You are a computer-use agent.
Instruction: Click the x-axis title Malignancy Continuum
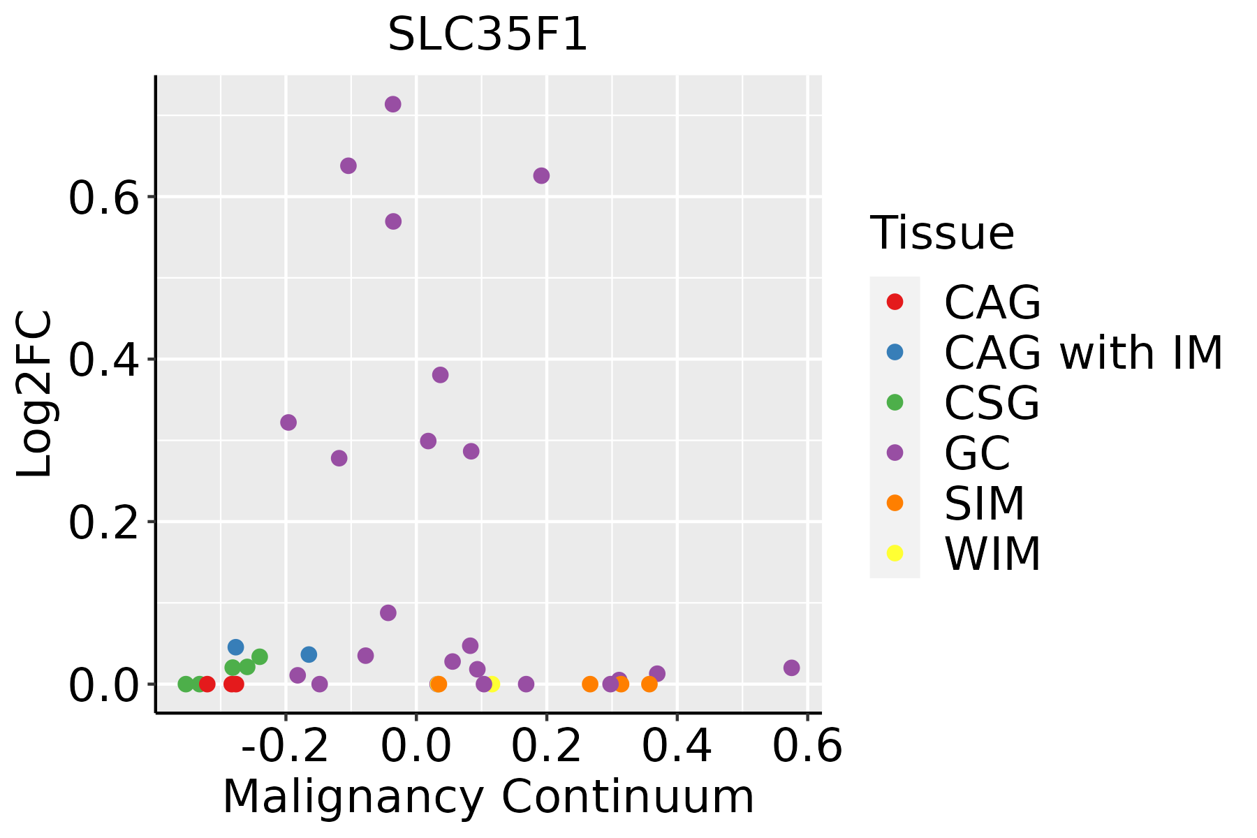click(487, 797)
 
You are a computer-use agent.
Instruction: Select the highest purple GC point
click(393, 104)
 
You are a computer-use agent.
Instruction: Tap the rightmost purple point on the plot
click(791, 668)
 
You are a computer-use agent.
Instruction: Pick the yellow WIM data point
click(492, 684)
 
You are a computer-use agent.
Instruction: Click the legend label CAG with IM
click(1083, 353)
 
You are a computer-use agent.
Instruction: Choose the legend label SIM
click(984, 503)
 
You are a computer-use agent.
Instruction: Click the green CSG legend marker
click(895, 402)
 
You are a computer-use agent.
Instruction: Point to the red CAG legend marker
click(895, 302)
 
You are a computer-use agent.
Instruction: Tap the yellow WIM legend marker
click(895, 553)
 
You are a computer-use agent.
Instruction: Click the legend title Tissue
click(942, 233)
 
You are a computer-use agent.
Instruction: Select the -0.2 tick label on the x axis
click(285, 747)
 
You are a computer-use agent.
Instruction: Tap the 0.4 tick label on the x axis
click(676, 747)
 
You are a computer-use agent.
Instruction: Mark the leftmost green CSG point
click(186, 684)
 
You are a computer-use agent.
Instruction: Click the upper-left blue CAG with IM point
click(236, 647)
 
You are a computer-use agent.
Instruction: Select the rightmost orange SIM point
click(649, 684)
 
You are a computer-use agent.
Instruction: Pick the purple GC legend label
click(977, 453)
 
